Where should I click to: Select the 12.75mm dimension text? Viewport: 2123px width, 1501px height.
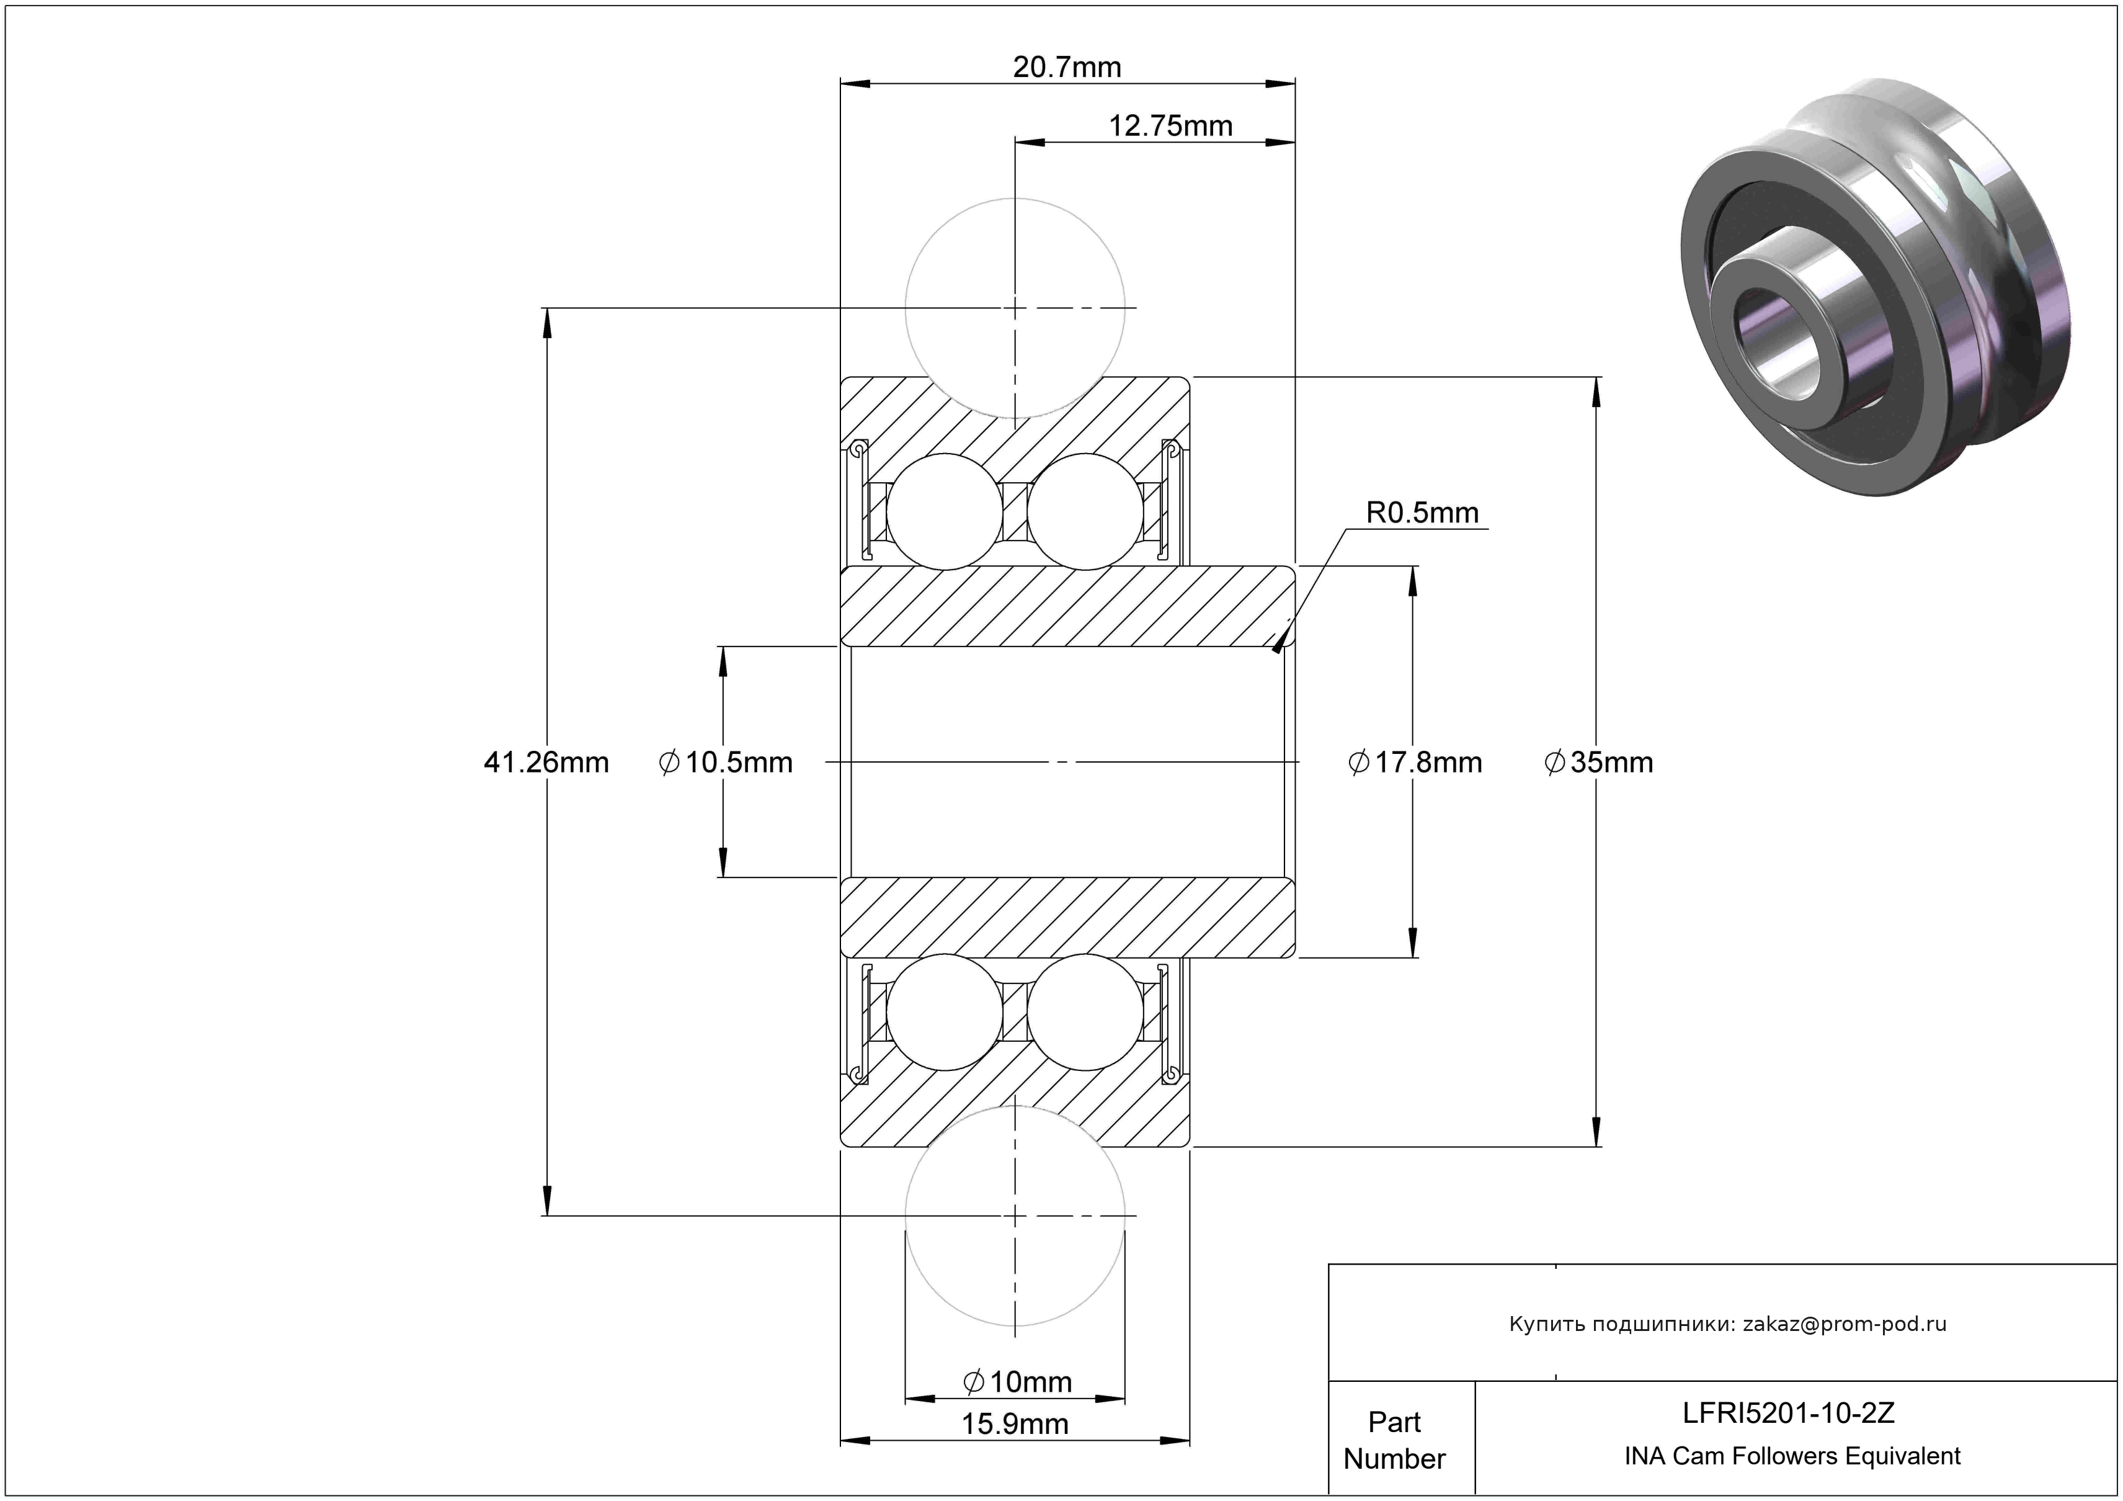tap(1170, 126)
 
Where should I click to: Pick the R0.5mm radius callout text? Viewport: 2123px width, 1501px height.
tap(1422, 513)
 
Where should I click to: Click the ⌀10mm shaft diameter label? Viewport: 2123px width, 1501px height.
tap(1017, 1382)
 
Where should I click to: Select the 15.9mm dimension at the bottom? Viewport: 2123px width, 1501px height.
tap(1014, 1424)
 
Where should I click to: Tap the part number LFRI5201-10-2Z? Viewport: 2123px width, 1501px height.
tap(1788, 1412)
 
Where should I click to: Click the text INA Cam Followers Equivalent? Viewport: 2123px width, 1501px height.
tap(1792, 1456)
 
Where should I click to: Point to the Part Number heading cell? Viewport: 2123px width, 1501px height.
tap(1394, 1440)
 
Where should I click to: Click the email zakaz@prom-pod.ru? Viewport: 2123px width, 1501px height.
tap(1845, 1324)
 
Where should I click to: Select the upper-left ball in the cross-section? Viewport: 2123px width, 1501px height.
tap(944, 511)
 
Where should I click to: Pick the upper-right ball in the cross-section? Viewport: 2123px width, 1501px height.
tap(1085, 511)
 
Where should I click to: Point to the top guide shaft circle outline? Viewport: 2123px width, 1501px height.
tap(906, 308)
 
